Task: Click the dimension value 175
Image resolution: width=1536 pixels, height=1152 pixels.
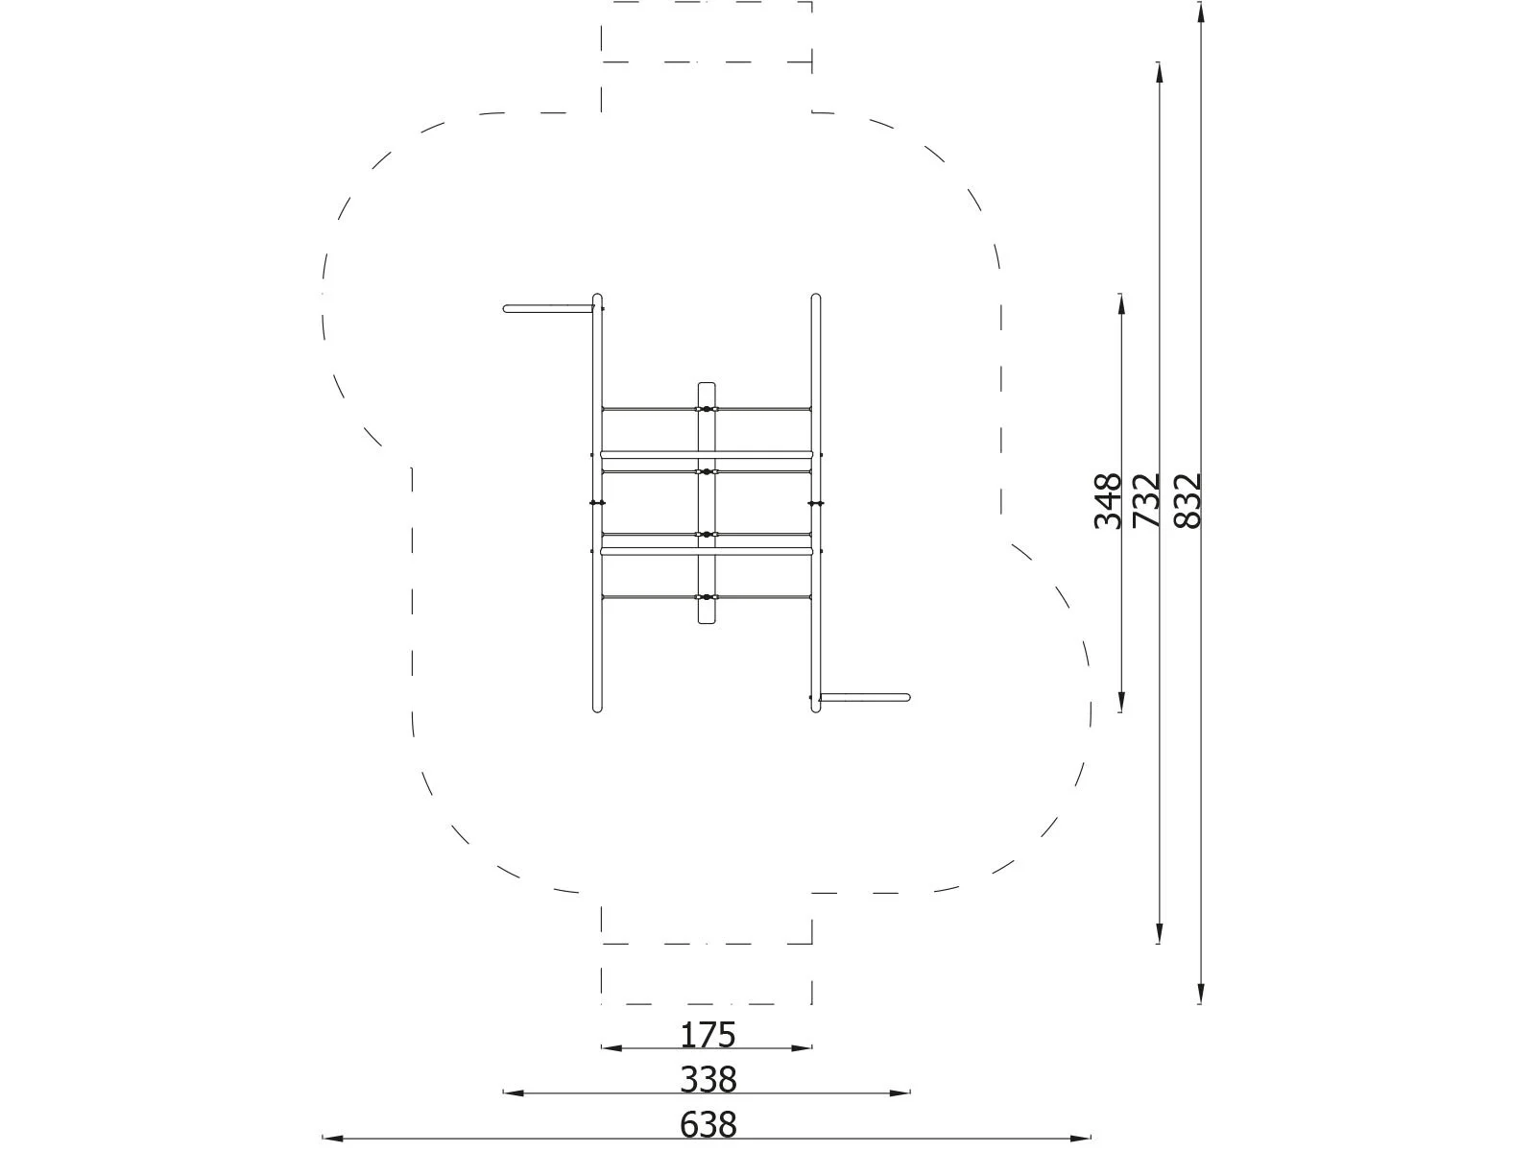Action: tap(708, 1035)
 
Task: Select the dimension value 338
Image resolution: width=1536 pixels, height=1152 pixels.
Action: tap(708, 1080)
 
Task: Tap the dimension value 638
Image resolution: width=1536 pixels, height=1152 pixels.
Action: tap(708, 1123)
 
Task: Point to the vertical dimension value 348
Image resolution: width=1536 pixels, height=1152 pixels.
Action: tap(1108, 500)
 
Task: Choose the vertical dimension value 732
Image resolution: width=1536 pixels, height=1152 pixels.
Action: tap(1146, 500)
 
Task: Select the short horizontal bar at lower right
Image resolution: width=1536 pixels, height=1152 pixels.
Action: tap(864, 697)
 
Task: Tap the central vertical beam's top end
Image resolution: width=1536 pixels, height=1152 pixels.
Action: tap(707, 387)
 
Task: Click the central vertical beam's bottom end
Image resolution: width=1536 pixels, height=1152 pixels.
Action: tap(707, 620)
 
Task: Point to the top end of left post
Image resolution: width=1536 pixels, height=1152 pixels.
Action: tap(597, 299)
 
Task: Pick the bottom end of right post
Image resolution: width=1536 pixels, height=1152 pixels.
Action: tap(816, 708)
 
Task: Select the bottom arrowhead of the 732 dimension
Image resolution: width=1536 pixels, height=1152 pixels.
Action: tap(1160, 935)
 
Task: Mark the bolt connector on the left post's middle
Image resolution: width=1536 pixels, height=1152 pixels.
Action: tap(596, 503)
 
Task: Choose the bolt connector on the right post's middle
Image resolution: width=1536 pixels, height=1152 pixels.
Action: tap(817, 503)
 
